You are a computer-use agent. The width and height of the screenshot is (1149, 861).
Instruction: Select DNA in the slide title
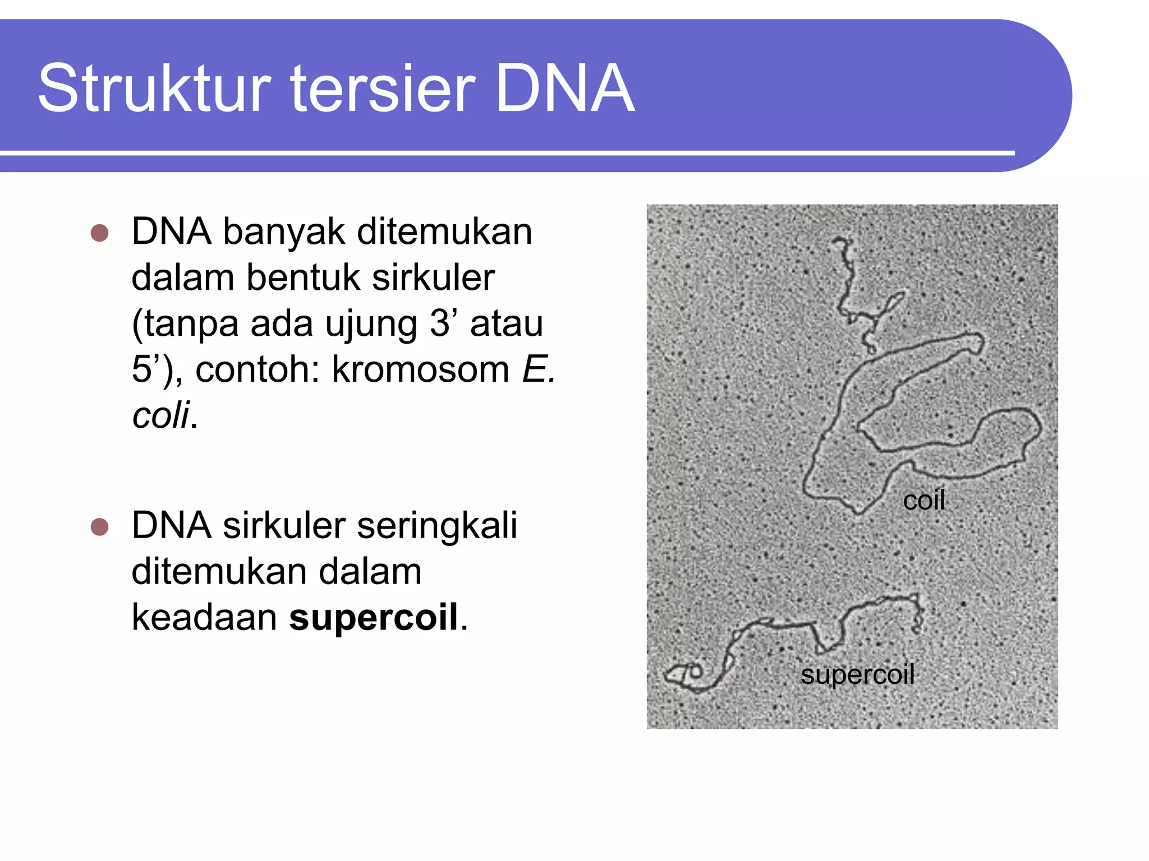coord(564,89)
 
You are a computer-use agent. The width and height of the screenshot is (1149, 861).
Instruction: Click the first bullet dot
coord(99,233)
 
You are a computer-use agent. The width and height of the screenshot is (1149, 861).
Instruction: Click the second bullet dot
coord(99,527)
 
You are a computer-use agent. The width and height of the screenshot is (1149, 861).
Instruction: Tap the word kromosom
coord(420,369)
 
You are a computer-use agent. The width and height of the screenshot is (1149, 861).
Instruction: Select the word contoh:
coord(258,369)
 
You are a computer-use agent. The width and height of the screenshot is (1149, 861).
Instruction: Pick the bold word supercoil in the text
coord(374,617)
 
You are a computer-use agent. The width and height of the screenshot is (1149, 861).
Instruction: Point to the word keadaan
coord(204,617)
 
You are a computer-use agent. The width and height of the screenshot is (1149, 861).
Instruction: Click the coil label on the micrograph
coord(923,500)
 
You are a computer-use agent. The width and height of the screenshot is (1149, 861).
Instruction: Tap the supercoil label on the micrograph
coord(857,674)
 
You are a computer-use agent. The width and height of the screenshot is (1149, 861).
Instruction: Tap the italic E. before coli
coord(539,369)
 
